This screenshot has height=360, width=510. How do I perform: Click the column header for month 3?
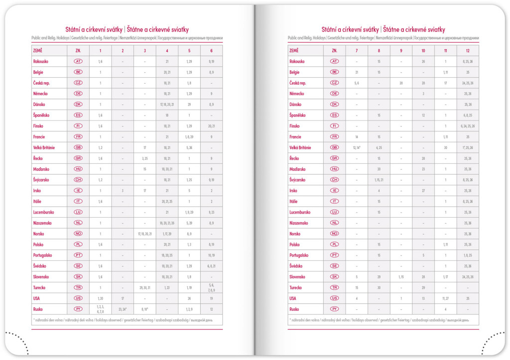point(145,51)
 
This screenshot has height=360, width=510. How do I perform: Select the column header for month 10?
point(423,51)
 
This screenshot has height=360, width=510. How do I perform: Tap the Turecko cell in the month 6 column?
point(212,287)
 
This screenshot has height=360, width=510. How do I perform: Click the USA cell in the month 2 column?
point(123,298)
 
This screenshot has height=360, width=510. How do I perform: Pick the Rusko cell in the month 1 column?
point(100,309)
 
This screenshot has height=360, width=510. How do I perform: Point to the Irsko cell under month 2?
point(123,191)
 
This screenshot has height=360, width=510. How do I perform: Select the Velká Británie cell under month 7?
point(357,147)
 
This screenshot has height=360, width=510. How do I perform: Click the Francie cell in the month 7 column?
point(357,136)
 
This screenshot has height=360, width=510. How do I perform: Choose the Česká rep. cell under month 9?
point(401,83)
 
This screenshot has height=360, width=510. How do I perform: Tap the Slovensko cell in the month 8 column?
point(379,276)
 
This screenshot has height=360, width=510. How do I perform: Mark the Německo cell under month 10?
point(423,94)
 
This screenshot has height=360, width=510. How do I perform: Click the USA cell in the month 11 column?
point(445,298)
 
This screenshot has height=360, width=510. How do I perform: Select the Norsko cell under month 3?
point(145,234)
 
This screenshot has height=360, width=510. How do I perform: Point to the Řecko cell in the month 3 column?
point(145,158)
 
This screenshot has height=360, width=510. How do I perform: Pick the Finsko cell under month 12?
point(468,126)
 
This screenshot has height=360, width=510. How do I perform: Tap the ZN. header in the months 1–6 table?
point(78,51)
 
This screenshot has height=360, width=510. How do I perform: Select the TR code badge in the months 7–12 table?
point(334,287)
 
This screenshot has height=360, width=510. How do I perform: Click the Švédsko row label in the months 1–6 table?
point(40,266)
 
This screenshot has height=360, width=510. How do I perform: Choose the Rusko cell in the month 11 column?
point(445,309)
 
